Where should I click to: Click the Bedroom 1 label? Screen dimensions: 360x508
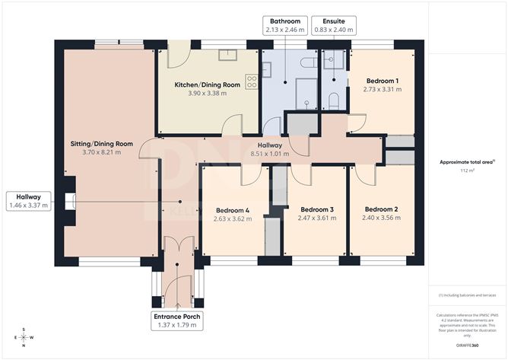pos(383,80)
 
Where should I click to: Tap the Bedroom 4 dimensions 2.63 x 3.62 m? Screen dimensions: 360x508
pos(232,219)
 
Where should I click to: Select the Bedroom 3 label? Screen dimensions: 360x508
pos(316,209)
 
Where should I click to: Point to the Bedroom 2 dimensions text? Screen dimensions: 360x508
pos(380,218)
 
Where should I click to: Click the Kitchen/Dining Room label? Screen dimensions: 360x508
pos(208,84)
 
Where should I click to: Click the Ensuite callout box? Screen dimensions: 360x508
pos(333,25)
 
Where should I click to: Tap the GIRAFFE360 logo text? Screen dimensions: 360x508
pos(467,345)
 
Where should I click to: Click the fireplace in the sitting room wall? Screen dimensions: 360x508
pos(70,200)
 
